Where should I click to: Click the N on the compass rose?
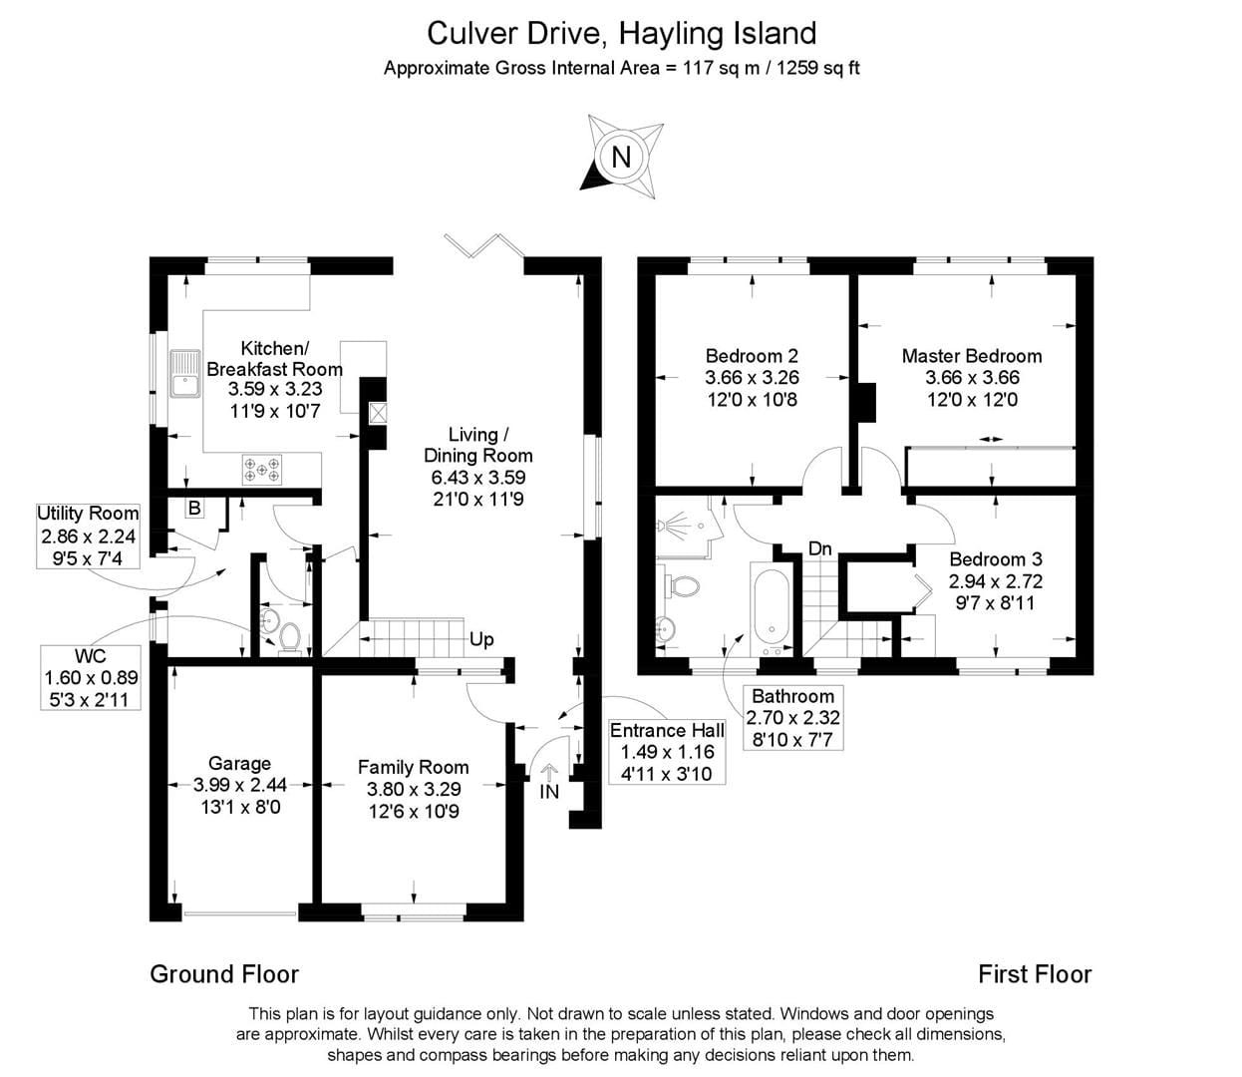coord(621,157)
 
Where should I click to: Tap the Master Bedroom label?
coord(971,356)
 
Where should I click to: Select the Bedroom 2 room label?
coord(751,356)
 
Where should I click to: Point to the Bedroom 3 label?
coord(995,559)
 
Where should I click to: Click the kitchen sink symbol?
coord(185,372)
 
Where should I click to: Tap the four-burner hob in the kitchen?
coord(262,469)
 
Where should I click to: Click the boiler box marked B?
coord(194,508)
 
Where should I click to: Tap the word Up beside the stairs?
coord(481,639)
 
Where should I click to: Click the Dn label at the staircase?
coord(819,548)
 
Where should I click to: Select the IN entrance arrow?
coord(549,782)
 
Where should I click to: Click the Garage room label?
coord(239,763)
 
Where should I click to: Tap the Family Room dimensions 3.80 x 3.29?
coord(413,789)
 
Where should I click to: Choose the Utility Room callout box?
coord(88,535)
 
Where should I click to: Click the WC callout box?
coord(91,677)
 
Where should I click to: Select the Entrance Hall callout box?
coord(667,751)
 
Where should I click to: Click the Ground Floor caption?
coord(224,974)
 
